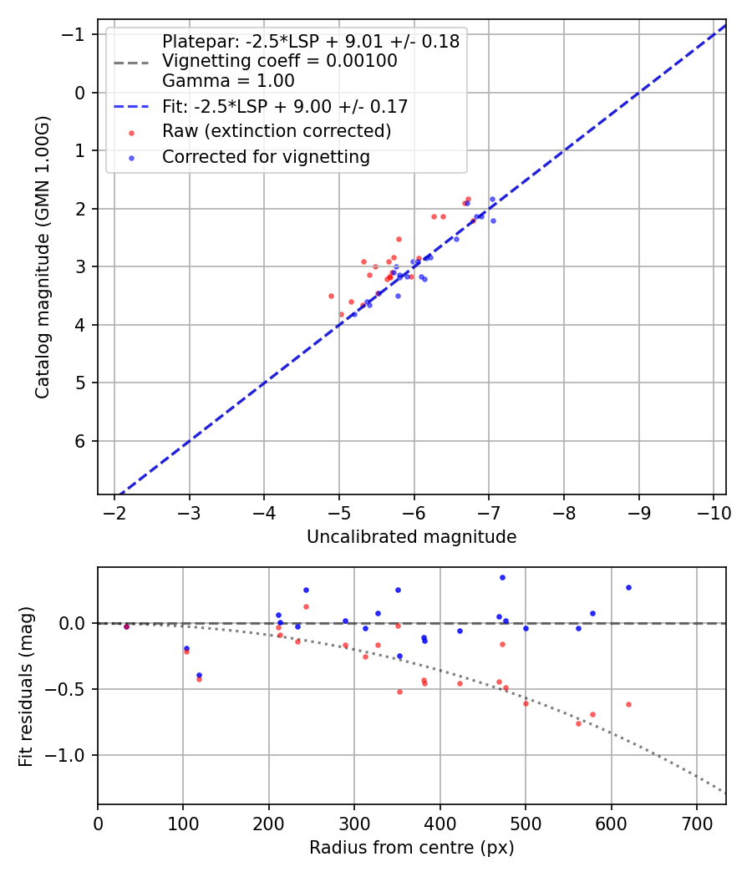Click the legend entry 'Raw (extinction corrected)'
point(277,131)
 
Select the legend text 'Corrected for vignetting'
point(266,157)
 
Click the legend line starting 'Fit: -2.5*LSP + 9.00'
point(285,106)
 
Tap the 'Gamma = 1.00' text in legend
point(228,81)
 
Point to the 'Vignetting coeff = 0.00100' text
point(279,61)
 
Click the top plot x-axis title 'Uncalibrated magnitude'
point(411,537)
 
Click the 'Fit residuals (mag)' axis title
point(27,685)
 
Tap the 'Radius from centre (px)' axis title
point(411,848)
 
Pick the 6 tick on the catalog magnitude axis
point(81,441)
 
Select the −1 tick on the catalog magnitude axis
point(76,34)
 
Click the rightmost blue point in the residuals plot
point(628,587)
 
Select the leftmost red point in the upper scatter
point(331,296)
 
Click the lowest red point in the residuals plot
point(578,723)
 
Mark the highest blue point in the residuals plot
point(502,577)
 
